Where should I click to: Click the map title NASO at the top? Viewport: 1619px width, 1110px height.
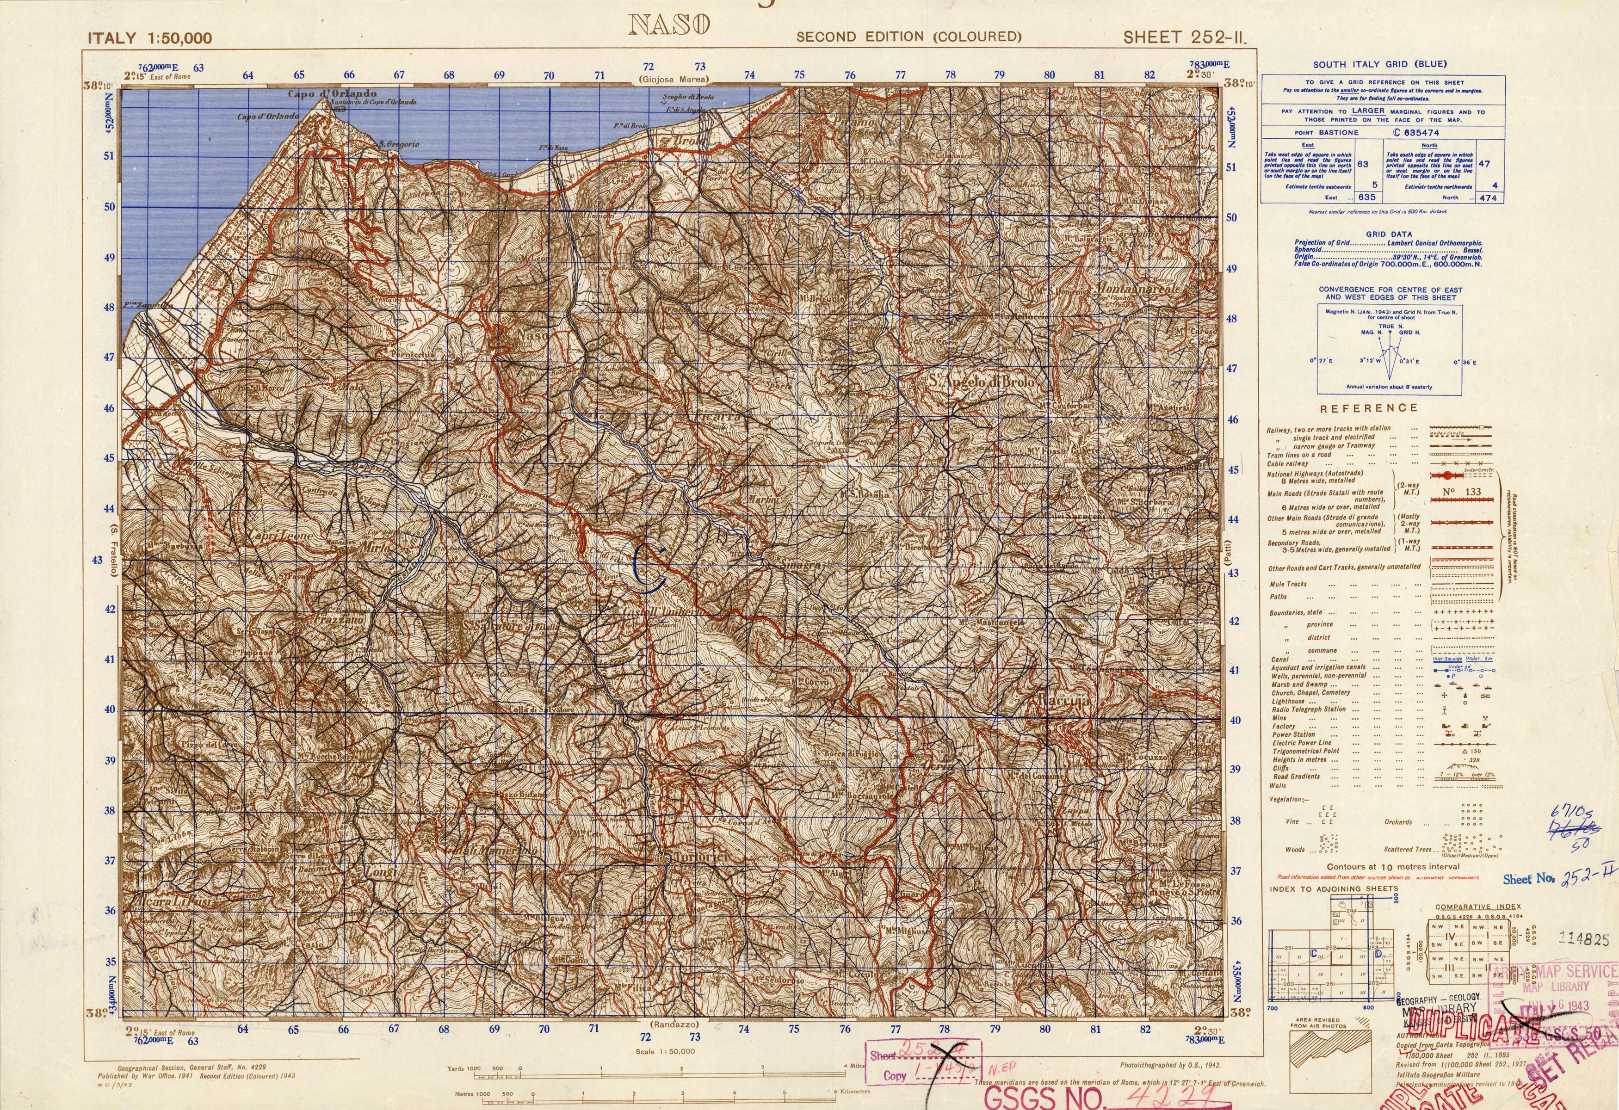coord(669,25)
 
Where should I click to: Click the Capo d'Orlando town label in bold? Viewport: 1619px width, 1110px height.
coord(332,93)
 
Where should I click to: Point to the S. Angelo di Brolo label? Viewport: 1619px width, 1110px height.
coord(982,382)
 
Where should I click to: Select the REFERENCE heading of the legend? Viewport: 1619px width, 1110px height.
coord(1368,408)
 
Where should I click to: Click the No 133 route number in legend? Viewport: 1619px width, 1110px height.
coord(1462,492)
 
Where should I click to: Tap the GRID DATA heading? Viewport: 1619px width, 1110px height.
coord(1389,234)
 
